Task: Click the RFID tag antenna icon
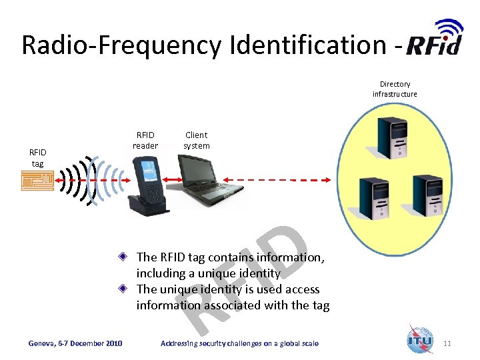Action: tap(36, 181)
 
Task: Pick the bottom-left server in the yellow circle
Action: tap(371, 196)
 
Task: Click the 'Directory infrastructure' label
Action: tap(395, 89)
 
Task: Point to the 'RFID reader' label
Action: tap(145, 140)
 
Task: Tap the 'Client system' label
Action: tap(197, 140)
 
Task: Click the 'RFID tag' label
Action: tap(37, 157)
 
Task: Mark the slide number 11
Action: tap(447, 343)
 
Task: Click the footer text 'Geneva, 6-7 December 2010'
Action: tap(75, 343)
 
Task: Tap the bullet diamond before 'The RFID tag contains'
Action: tap(124, 257)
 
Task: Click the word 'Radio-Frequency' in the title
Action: tap(122, 45)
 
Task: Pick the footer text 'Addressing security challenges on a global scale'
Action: tap(239, 343)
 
